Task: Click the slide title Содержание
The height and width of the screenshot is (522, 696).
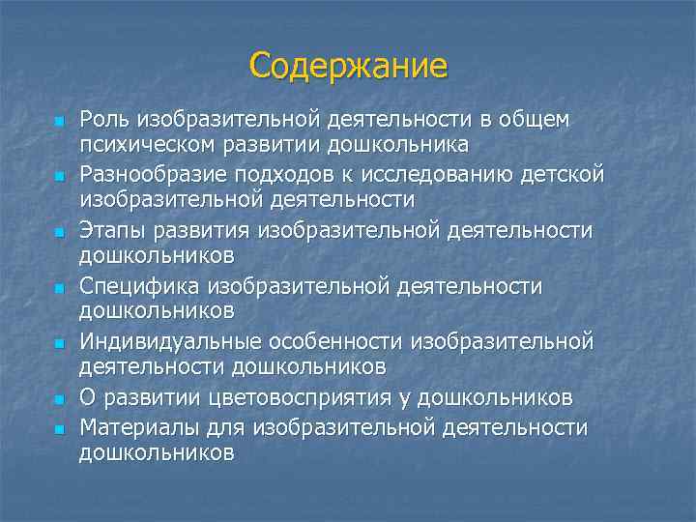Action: tap(348, 66)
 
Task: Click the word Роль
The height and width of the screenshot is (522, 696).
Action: tap(104, 119)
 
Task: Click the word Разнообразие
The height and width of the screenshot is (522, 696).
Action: tap(149, 174)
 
